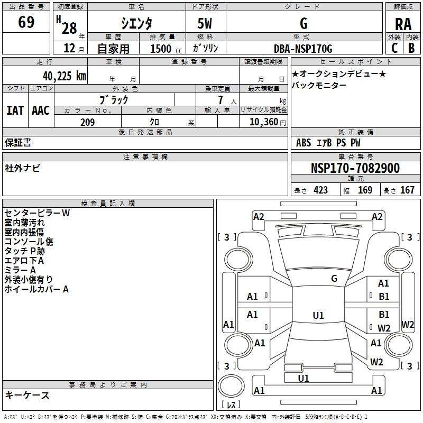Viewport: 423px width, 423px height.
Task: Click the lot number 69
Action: click(x=26, y=22)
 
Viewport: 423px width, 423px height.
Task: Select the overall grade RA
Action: click(x=403, y=24)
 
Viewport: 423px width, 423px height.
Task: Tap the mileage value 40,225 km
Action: click(x=64, y=76)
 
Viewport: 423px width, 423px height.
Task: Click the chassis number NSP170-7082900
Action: click(x=355, y=168)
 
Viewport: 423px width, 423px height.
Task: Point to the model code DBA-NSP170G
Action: click(x=303, y=49)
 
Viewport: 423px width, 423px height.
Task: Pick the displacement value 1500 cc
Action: click(x=166, y=49)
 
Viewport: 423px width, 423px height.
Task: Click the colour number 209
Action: click(x=87, y=122)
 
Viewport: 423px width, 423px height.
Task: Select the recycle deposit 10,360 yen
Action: click(x=268, y=122)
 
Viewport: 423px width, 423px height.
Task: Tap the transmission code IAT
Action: click(x=15, y=111)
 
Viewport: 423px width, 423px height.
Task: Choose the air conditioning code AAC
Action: click(x=41, y=111)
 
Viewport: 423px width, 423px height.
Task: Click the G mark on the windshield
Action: click(x=334, y=278)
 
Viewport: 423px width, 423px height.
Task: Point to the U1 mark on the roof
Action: click(x=318, y=315)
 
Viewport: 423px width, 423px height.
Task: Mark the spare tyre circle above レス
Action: click(x=231, y=386)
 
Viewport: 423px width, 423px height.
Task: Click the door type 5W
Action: click(x=205, y=23)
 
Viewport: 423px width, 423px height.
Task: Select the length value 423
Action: click(x=320, y=190)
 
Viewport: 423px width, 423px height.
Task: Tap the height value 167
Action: click(x=407, y=190)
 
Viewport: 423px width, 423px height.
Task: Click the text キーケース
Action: click(x=27, y=395)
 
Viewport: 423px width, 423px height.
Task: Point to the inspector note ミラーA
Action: click(x=20, y=270)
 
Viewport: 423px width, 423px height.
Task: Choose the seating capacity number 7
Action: click(x=220, y=100)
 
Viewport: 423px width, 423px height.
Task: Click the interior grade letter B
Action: click(x=411, y=48)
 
